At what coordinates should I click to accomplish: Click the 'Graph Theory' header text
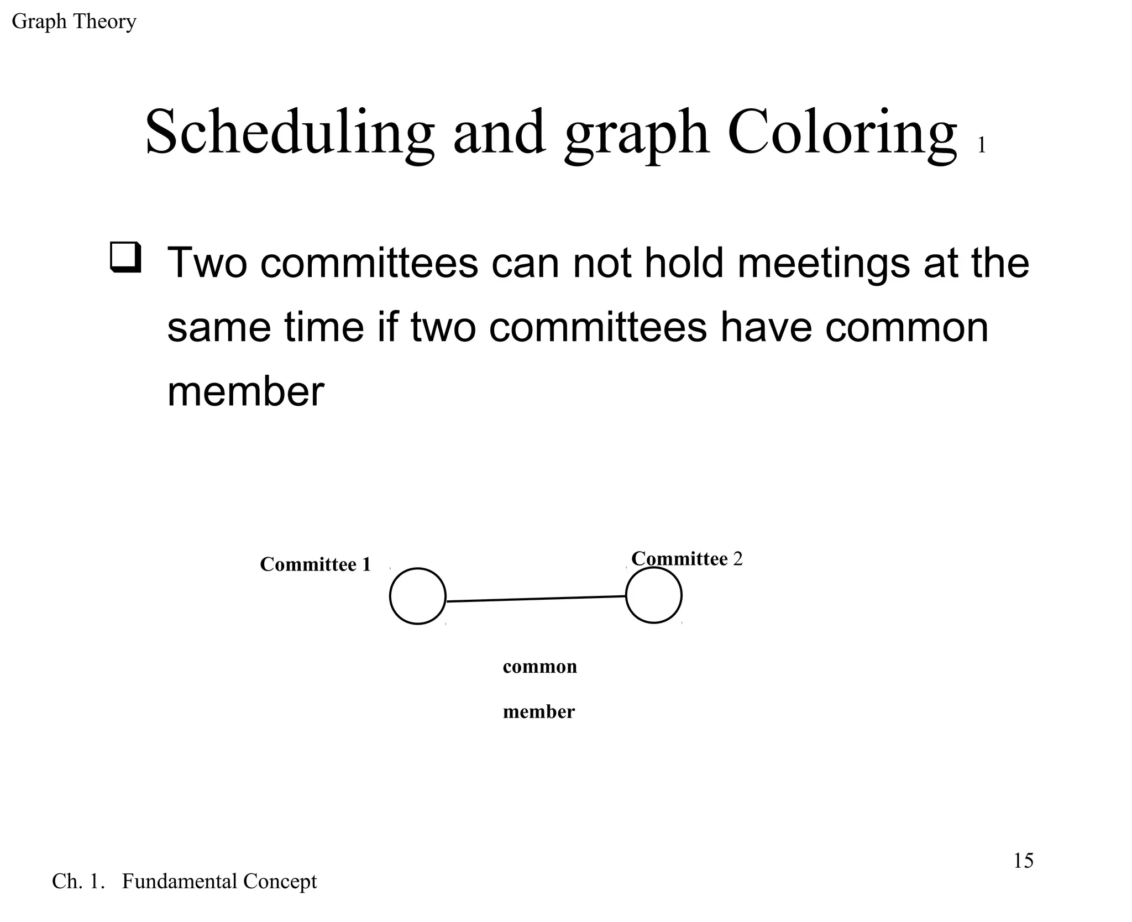click(x=74, y=22)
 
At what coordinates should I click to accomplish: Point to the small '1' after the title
click(x=982, y=145)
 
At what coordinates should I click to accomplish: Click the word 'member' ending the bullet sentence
click(x=245, y=392)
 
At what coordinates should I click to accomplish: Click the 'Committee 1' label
click(x=315, y=564)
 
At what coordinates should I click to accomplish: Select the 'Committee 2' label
click(x=686, y=559)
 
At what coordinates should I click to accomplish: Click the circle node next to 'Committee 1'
click(x=417, y=596)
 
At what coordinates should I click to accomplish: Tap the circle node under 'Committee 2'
click(x=653, y=595)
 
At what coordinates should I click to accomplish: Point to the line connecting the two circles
click(x=536, y=599)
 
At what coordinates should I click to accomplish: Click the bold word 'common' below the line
click(x=539, y=667)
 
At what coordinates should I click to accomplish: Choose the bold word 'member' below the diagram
click(x=538, y=712)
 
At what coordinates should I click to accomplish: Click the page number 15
click(x=1023, y=861)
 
